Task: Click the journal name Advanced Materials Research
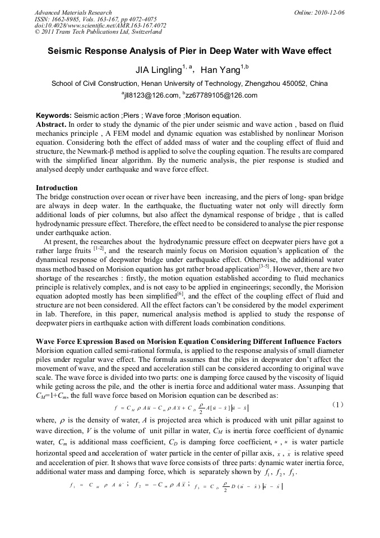[73, 12]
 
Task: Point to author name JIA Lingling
[159, 71]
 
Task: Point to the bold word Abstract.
[51, 123]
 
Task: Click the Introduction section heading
[57, 188]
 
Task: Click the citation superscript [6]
[180, 292]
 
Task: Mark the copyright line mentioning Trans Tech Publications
[98, 32]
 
